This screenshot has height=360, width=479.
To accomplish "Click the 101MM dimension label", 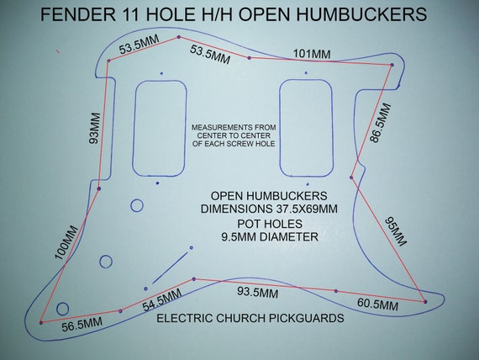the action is [x=312, y=54].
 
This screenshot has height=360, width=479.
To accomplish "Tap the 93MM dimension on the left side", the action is [x=94, y=128].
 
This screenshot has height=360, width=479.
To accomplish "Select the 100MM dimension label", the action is [x=66, y=243].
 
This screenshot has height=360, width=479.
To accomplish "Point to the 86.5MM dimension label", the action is [x=381, y=124].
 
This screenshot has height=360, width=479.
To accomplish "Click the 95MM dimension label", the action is [x=396, y=231].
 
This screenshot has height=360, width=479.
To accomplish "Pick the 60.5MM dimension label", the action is [x=377, y=304].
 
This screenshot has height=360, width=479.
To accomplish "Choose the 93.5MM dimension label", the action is [x=257, y=293].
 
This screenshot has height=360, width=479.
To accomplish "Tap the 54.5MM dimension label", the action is [x=162, y=300].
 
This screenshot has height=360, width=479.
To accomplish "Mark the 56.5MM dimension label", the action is [x=82, y=325].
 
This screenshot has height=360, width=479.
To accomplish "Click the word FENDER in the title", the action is [x=78, y=14].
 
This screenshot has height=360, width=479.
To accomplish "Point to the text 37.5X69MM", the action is [x=305, y=209].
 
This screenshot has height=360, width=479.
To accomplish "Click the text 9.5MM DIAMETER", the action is [x=270, y=236].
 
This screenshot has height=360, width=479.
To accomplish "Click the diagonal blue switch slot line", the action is [x=170, y=268].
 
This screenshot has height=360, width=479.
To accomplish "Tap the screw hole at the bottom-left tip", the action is [x=41, y=322].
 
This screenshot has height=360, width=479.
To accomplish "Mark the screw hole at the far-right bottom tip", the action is [x=425, y=302].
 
